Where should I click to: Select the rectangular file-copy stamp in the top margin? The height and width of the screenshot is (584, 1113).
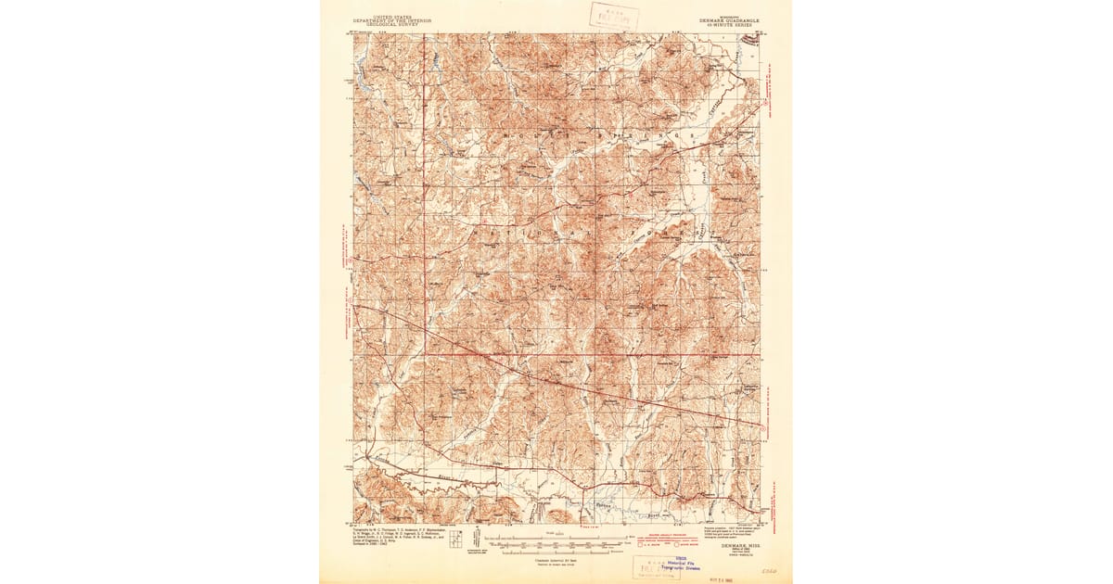[x=609, y=15]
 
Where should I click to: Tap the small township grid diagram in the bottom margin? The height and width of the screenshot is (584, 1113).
[x=455, y=539]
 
